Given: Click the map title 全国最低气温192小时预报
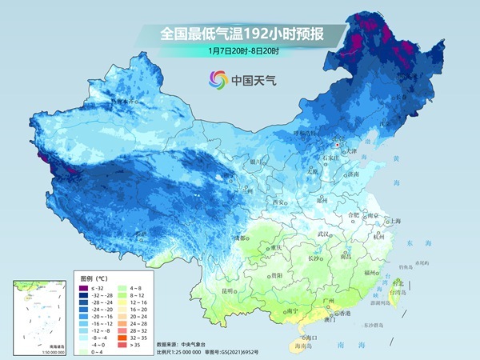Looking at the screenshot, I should click(240, 34).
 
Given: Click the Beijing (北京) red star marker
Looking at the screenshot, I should click(338, 145).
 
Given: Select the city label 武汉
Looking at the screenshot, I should click(323, 234).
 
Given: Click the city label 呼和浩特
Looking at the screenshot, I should click(306, 134).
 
